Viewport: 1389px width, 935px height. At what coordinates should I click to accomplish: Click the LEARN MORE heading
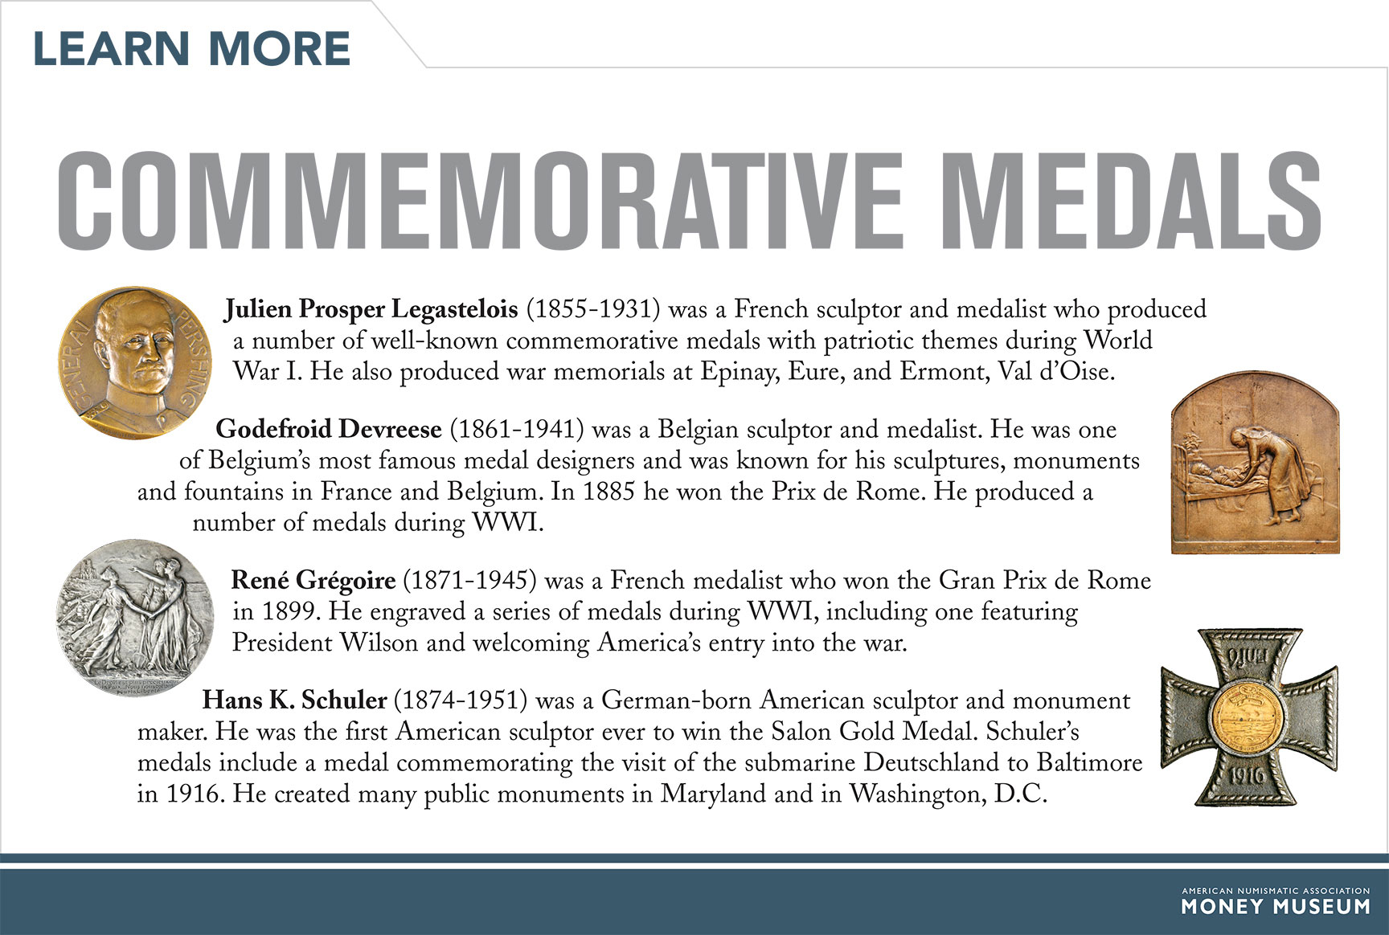(191, 49)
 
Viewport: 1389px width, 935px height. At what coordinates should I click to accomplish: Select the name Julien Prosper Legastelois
(371, 309)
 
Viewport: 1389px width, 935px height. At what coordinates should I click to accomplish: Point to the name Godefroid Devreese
(329, 429)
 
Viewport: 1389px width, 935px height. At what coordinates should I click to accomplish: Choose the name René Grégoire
(313, 580)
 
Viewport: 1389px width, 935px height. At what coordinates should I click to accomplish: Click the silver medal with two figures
(135, 617)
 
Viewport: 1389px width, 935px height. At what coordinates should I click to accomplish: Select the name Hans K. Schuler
(294, 700)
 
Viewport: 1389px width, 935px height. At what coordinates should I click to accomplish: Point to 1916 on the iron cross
(1247, 776)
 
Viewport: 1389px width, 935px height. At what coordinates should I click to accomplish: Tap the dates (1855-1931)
(593, 309)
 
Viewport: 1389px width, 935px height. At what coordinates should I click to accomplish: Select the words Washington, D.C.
(949, 794)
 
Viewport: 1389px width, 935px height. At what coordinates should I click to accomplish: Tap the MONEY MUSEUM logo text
(1275, 907)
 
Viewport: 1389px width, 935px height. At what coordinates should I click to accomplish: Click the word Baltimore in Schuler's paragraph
(1089, 762)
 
